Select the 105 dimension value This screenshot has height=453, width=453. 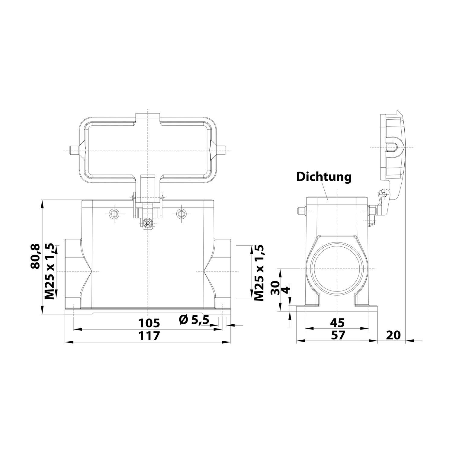tap(149, 323)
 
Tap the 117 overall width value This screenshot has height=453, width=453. tap(149, 336)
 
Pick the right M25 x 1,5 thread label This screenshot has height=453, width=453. tap(259, 273)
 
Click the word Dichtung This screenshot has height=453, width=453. tap(324, 177)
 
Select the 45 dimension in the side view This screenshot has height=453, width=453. tap(337, 323)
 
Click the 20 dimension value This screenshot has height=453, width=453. tap(393, 335)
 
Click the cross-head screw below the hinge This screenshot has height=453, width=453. tap(148, 224)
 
